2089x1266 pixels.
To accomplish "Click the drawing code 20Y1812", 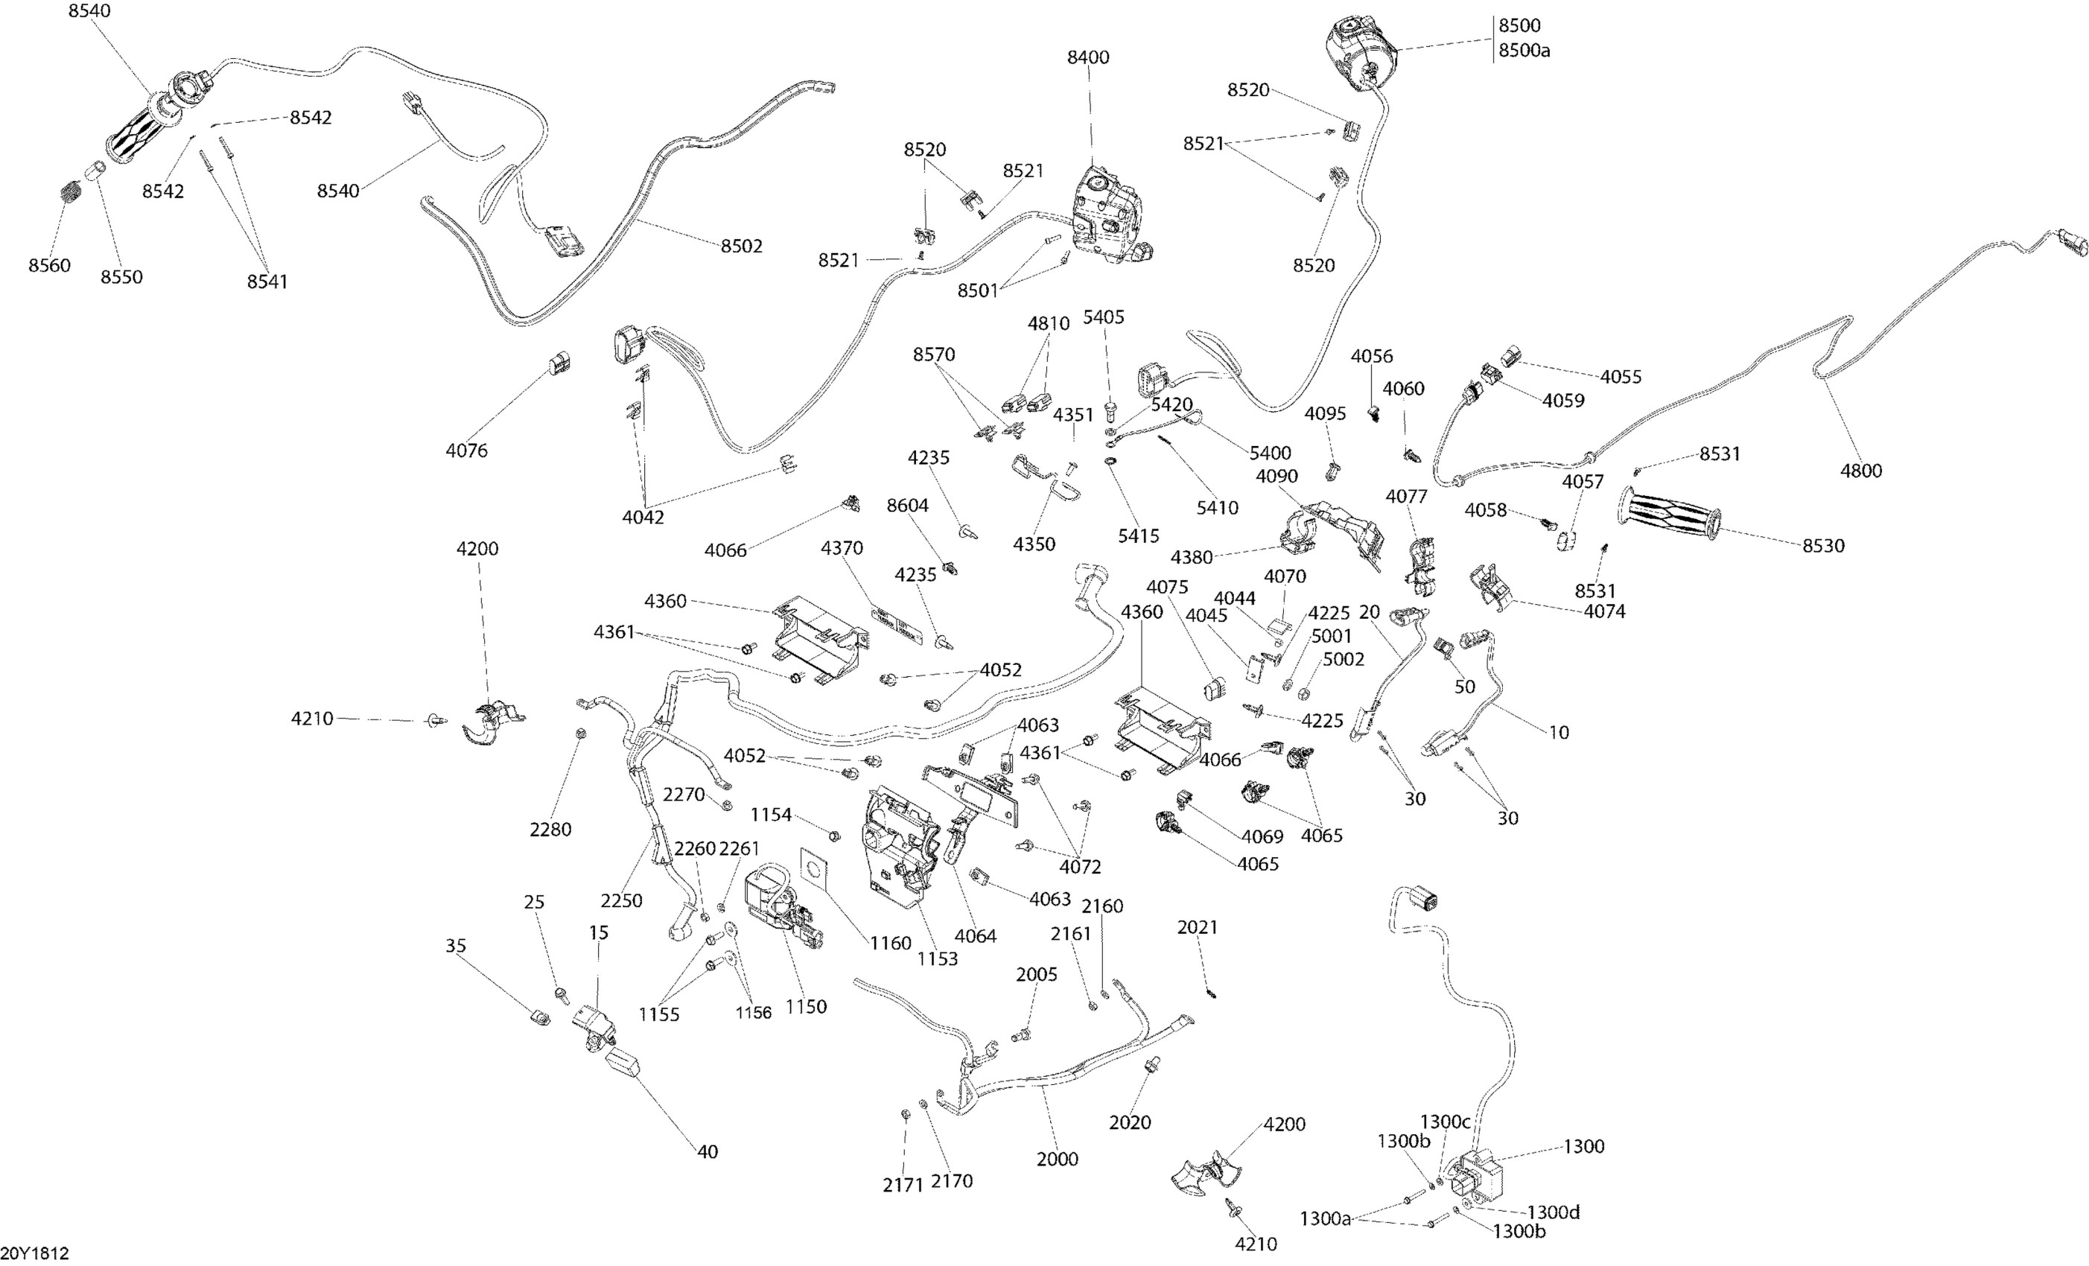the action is [35, 1253].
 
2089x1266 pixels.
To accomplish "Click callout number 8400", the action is [1088, 57].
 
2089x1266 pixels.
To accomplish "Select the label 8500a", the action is [1524, 50].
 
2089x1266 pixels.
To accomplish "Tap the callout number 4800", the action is [1861, 471].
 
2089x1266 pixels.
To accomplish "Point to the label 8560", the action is [49, 265].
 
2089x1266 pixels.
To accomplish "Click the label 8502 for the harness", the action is [742, 246].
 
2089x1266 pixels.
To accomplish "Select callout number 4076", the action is [467, 451].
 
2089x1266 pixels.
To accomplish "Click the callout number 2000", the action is [1058, 1160].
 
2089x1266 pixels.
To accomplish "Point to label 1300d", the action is [1554, 1212].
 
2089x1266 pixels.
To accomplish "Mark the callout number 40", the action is [707, 1151].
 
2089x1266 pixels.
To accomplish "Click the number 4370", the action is [842, 548].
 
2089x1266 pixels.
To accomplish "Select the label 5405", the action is [1104, 317].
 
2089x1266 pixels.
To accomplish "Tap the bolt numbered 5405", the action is [1110, 413].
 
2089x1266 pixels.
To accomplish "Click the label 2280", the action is [550, 830].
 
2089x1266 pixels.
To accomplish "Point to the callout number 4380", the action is [1192, 557].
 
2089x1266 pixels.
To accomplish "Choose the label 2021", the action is [1197, 928].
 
